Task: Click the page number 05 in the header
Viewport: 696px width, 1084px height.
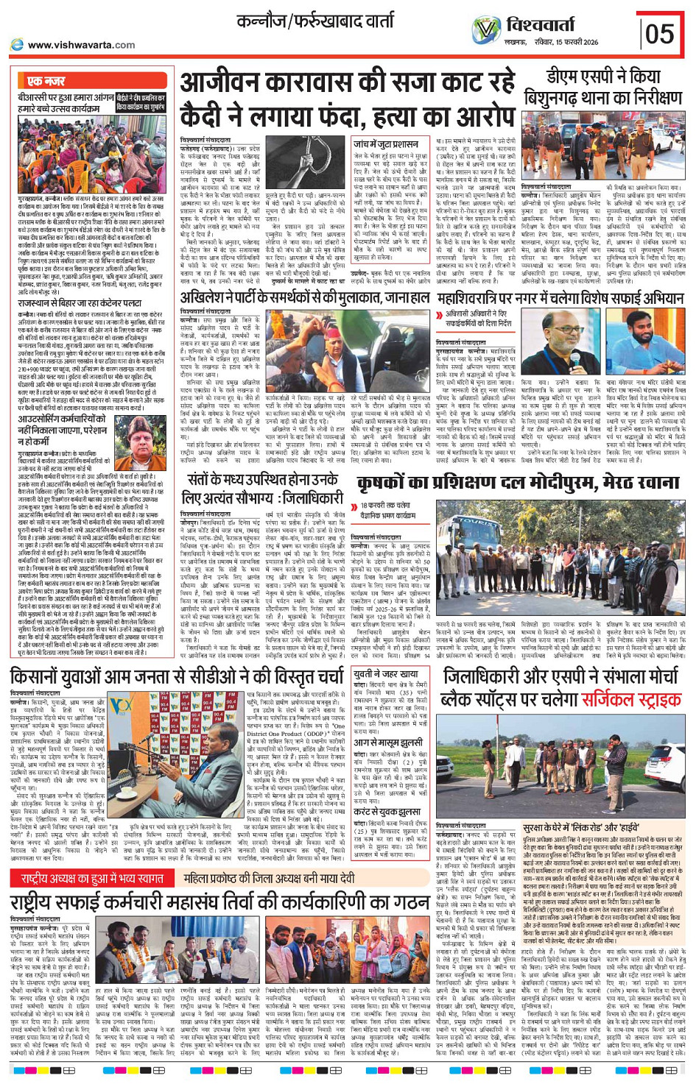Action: point(659,33)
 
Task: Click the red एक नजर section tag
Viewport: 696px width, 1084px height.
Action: point(46,81)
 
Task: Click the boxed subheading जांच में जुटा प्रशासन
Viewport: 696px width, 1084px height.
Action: point(385,145)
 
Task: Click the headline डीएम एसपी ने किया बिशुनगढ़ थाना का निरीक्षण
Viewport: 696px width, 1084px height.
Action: point(603,87)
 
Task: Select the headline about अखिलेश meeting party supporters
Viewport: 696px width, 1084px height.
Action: point(305,298)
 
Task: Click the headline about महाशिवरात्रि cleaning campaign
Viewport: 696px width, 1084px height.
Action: point(560,298)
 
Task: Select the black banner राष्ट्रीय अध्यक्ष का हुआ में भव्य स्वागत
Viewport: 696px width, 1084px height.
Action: point(91,878)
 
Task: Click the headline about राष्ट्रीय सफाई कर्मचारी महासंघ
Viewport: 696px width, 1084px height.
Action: point(219,902)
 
